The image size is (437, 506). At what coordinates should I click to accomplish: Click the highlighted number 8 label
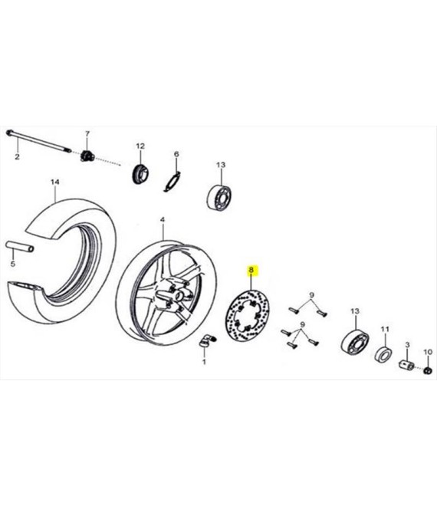pos(251,271)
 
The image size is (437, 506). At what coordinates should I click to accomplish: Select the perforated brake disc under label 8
pos(247,317)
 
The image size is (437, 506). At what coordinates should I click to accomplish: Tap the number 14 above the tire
pos(55,182)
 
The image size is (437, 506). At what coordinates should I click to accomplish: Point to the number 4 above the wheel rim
pos(163,220)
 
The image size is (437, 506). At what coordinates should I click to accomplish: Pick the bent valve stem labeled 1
pos(207,340)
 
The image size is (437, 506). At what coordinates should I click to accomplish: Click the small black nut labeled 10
pos(428,370)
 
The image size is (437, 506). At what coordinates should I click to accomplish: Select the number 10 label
pos(428,352)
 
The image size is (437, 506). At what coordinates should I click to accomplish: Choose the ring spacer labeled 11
pos(383,354)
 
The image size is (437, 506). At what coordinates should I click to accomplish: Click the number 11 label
pos(385,329)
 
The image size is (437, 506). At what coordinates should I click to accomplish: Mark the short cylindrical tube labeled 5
pos(20,248)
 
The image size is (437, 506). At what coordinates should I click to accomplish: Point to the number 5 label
pos(12,264)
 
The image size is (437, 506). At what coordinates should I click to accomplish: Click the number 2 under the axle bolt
pos(17,157)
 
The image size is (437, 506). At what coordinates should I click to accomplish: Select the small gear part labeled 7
pos(87,156)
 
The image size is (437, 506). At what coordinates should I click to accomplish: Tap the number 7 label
pos(87,133)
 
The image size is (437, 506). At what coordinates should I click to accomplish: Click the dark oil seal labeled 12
pos(141,174)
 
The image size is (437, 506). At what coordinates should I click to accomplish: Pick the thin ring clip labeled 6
pos(172,182)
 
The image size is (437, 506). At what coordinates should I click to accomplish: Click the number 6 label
pos(176,154)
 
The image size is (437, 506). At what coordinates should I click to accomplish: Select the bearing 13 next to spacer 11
pos(355,340)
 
